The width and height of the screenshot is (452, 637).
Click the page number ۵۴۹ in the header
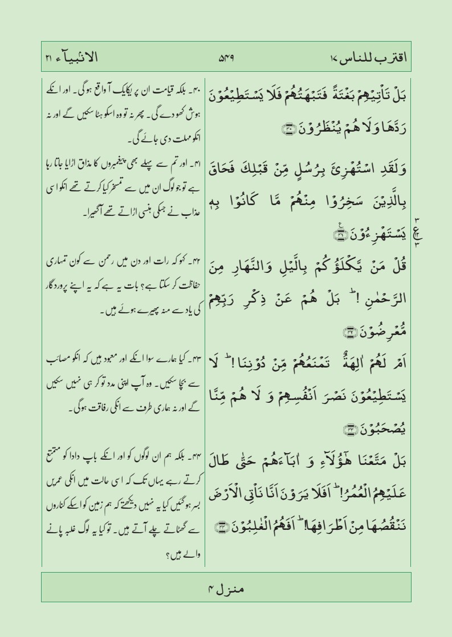point(226,57)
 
